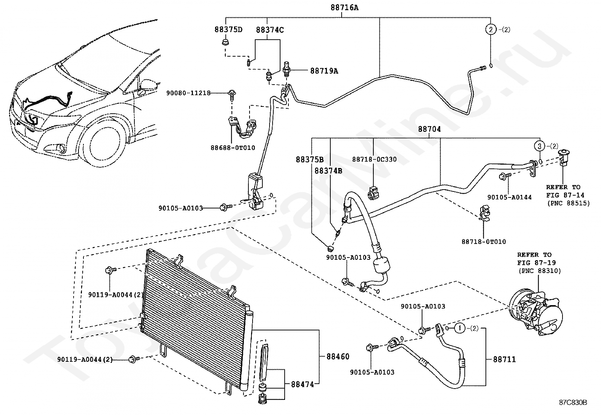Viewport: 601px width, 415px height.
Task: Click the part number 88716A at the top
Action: pos(344,8)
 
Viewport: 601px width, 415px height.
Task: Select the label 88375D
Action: pos(228,29)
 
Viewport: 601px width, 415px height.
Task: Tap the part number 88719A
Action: pos(324,71)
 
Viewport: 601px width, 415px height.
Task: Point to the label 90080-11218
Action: pos(188,93)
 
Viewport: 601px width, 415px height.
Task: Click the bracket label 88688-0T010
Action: pos(233,148)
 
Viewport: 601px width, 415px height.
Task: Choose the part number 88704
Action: pos(429,129)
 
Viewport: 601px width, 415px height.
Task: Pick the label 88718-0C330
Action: pos(374,159)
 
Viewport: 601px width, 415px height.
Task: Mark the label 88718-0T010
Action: pos(484,242)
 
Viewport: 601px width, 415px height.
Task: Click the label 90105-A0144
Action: pos(509,197)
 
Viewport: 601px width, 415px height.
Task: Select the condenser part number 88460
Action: pos(338,356)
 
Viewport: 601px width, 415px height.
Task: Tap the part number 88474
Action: pos(302,384)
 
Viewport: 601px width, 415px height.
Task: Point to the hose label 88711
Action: pos(504,359)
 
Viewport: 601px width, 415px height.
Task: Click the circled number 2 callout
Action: pos(491,29)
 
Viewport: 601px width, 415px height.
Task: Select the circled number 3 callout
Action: pos(539,146)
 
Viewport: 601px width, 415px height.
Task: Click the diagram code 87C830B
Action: pos(573,403)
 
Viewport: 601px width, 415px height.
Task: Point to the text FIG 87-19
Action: pos(536,262)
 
